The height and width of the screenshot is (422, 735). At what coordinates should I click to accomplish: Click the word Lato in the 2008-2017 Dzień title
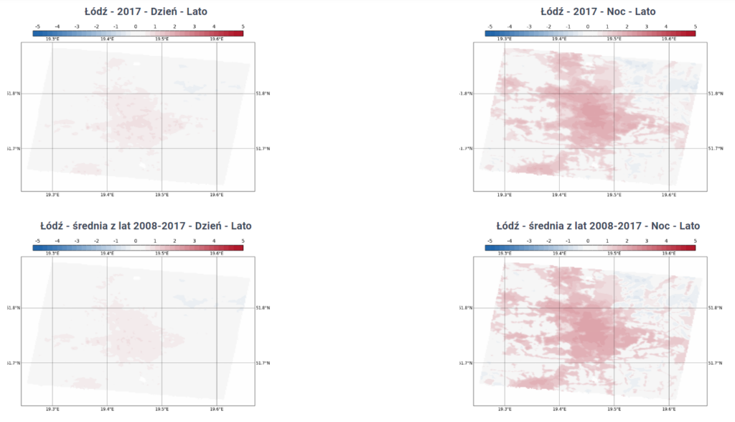(240, 226)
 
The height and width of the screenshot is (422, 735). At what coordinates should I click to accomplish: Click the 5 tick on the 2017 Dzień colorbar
(243, 27)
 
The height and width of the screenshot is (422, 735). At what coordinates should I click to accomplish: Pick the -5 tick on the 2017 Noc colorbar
(490, 27)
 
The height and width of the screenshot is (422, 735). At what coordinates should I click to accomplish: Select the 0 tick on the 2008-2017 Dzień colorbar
(136, 241)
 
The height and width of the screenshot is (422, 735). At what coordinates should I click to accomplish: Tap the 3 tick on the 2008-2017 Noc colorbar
(647, 241)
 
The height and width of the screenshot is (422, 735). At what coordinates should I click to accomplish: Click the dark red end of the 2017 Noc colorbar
(692, 32)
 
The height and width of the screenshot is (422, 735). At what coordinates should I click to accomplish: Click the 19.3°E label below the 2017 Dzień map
(52, 195)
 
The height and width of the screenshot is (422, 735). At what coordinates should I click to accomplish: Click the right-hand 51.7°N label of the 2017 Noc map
(714, 148)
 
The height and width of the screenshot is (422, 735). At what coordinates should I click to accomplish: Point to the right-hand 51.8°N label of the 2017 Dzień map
(263, 93)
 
